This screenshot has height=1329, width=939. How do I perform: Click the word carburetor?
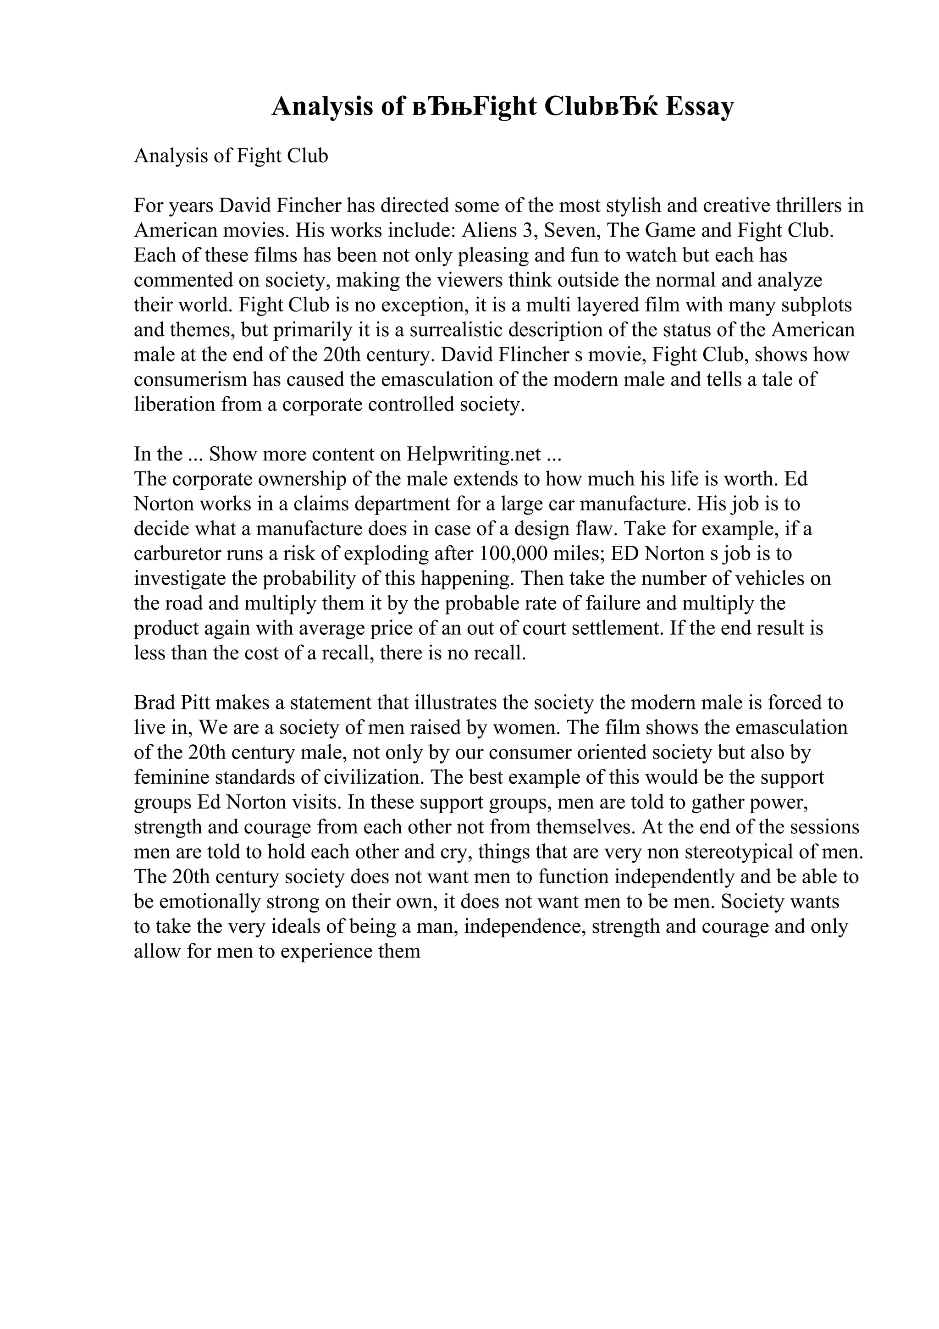177,554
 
